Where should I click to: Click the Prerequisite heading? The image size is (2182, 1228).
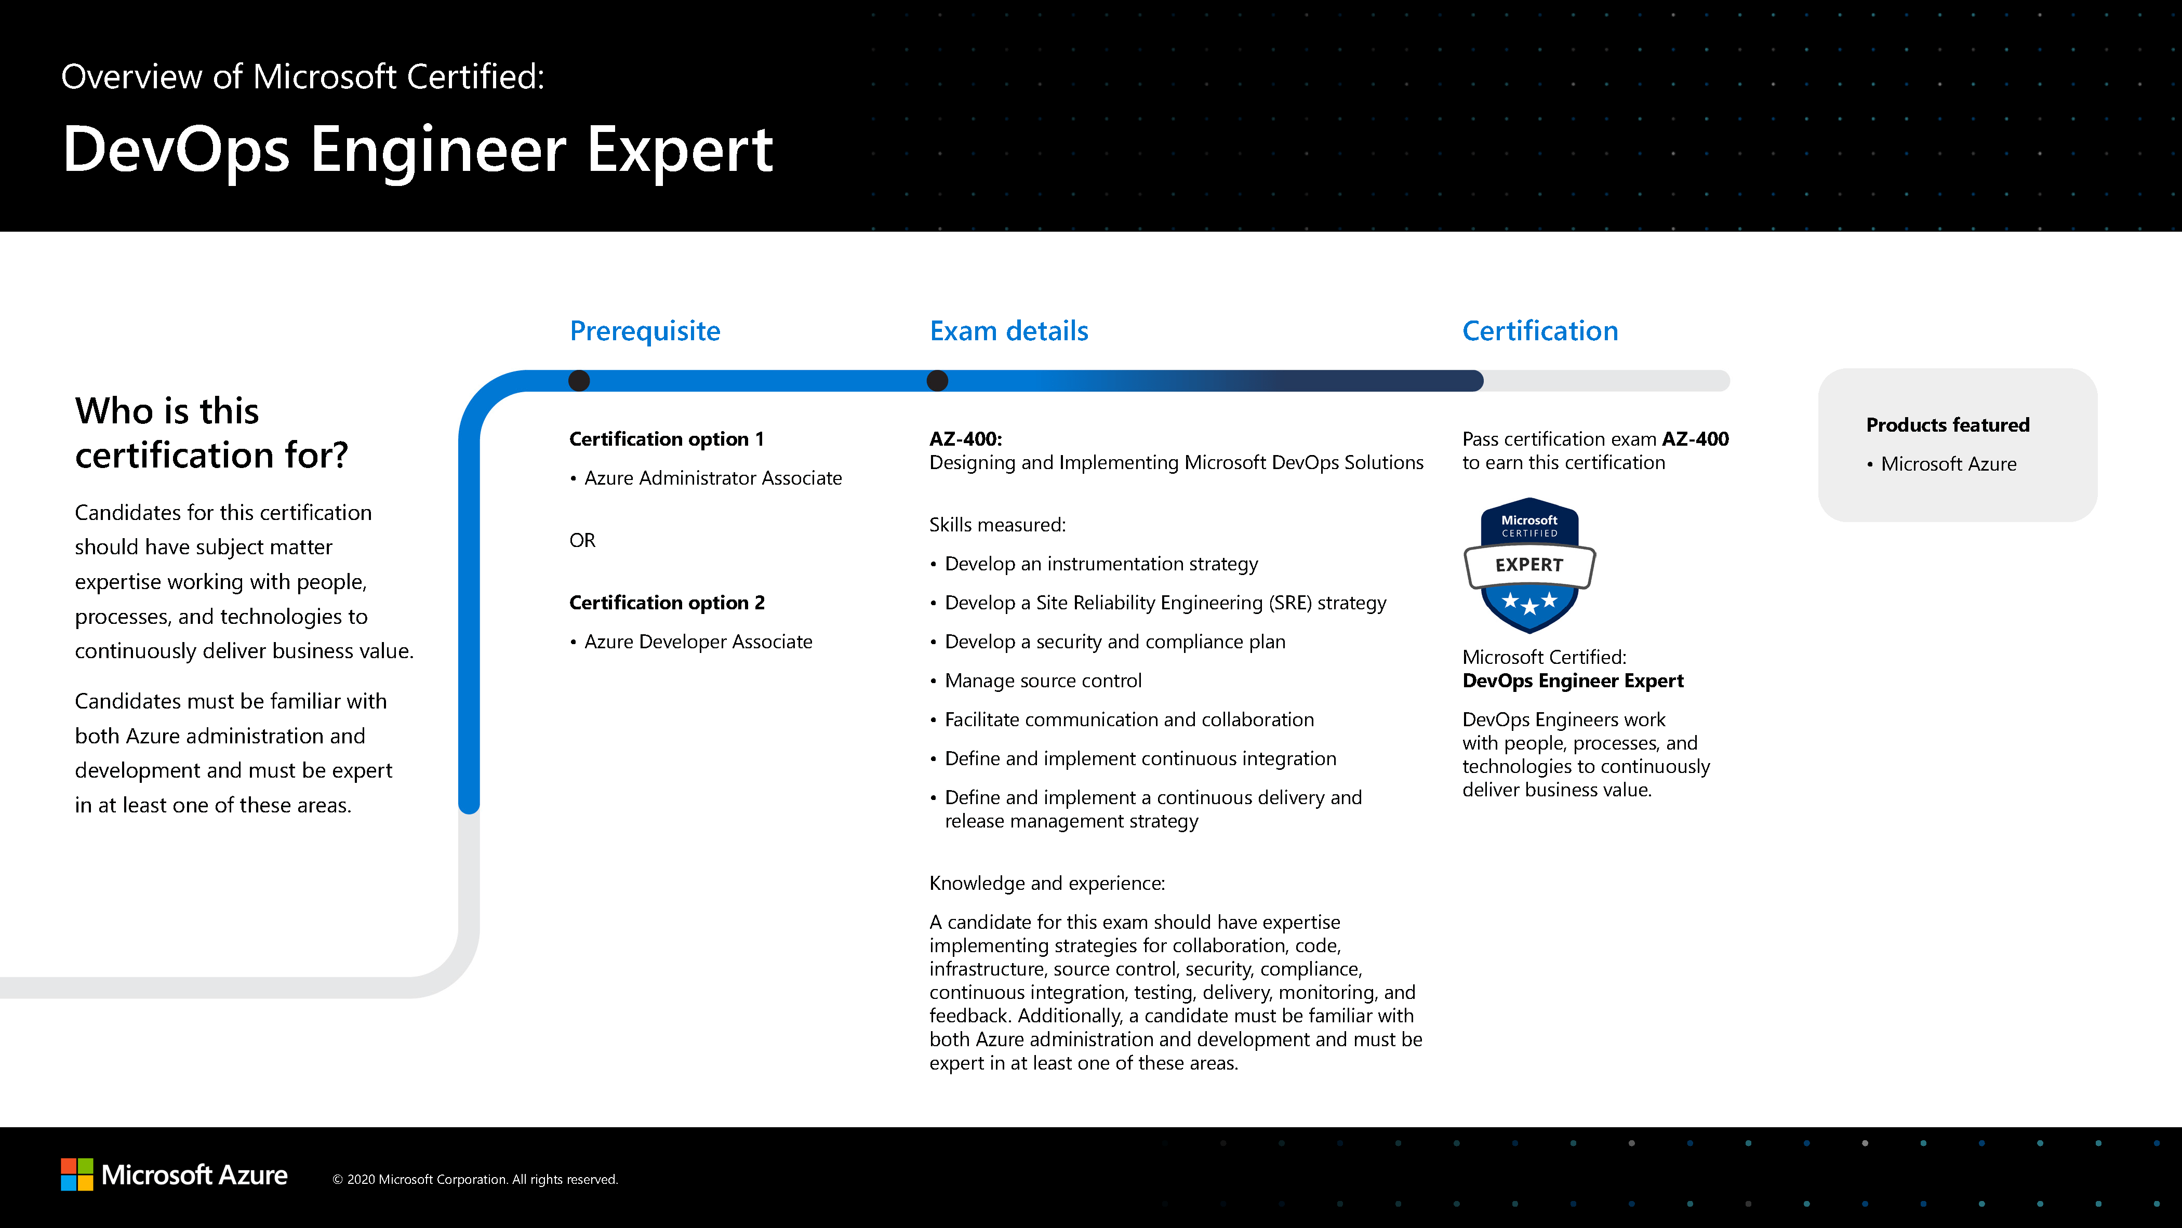click(x=645, y=330)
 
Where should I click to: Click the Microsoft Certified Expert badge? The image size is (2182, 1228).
click(x=1529, y=565)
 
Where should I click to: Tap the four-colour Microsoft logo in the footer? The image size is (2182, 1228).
click(x=77, y=1174)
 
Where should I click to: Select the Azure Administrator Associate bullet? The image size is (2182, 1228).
click(x=712, y=478)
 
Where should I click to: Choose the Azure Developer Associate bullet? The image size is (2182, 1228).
click(x=698, y=642)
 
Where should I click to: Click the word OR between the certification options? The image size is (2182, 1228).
click(x=582, y=540)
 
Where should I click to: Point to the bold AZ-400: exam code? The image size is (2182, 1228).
click(x=965, y=439)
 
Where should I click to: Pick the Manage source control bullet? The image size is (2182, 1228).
click(x=1043, y=681)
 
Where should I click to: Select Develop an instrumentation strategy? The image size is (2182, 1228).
click(x=1101, y=564)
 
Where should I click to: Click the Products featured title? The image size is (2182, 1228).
click(x=1947, y=425)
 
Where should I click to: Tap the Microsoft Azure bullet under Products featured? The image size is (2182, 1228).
click(x=1948, y=464)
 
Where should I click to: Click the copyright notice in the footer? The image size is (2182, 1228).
click(x=475, y=1180)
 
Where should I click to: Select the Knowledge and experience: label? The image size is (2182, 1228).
click(x=1047, y=883)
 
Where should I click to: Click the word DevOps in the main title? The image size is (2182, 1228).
click(x=176, y=150)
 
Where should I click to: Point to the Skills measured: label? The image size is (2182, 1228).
click(x=997, y=525)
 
